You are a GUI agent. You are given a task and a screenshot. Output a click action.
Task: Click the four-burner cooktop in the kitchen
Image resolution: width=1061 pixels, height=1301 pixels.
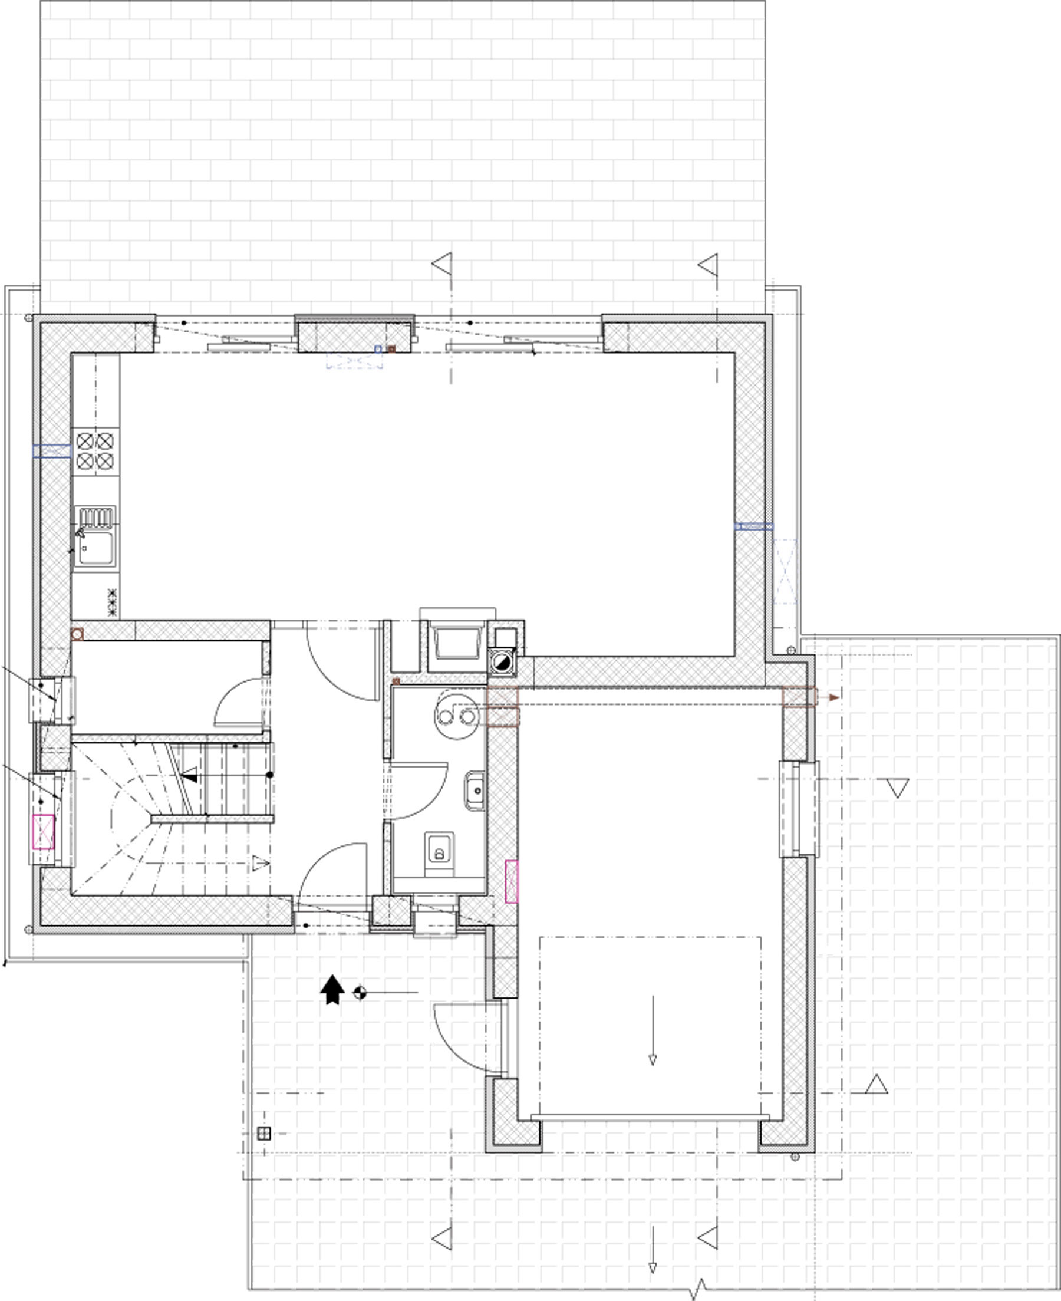(x=95, y=450)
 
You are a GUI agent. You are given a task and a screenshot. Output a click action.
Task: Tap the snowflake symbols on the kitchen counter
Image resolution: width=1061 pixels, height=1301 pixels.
(x=112, y=602)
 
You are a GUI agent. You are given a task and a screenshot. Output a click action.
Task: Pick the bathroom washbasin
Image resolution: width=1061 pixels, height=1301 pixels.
(x=475, y=791)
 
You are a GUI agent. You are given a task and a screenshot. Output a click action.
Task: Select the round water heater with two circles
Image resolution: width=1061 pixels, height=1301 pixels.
(x=457, y=714)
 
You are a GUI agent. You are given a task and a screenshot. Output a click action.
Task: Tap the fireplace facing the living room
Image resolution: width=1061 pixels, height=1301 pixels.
(x=456, y=641)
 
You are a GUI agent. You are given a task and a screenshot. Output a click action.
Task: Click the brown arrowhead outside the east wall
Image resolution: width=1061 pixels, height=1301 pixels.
(x=834, y=697)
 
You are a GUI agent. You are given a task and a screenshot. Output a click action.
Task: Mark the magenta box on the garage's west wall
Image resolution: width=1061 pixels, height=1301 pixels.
(x=512, y=881)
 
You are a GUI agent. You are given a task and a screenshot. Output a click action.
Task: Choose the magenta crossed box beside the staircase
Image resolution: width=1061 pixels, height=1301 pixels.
(x=44, y=832)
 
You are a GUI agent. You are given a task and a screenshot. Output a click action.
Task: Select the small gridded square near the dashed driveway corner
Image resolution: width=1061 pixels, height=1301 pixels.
(x=263, y=1134)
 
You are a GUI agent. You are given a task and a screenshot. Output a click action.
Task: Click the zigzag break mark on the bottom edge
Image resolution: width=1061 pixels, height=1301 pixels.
(x=698, y=1289)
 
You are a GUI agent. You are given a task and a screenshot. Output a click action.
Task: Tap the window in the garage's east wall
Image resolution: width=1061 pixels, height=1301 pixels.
(x=799, y=808)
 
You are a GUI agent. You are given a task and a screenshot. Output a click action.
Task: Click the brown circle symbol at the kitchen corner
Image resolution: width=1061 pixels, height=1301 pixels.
(x=77, y=634)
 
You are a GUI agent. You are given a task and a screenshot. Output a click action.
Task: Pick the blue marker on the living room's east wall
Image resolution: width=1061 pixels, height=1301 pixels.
(x=753, y=526)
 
